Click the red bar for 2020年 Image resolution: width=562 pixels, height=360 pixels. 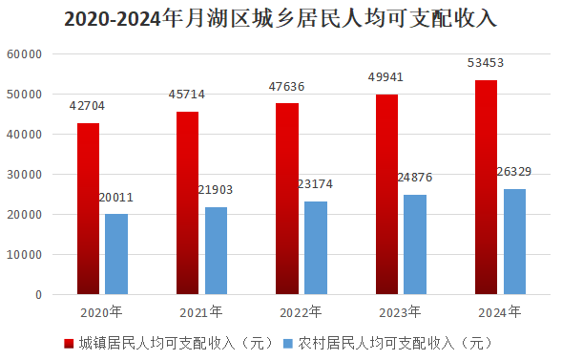(x=88, y=209)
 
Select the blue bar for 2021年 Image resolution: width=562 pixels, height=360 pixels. (x=216, y=250)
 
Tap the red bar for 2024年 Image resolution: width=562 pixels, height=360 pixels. (x=486, y=187)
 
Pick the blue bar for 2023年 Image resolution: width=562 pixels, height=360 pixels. (x=415, y=244)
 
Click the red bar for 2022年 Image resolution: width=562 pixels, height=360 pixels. (x=287, y=199)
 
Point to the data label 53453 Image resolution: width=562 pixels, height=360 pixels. (x=486, y=63)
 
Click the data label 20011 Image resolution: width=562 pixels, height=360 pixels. (x=115, y=198)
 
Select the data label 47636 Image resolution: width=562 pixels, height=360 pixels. (x=286, y=87)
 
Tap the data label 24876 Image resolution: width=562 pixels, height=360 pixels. (x=415, y=178)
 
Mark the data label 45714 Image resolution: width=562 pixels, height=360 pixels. (x=187, y=95)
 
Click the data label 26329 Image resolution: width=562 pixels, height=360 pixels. (x=514, y=172)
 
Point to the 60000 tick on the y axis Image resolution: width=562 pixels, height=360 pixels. (x=25, y=54)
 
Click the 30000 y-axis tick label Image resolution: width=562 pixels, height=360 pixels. (x=25, y=175)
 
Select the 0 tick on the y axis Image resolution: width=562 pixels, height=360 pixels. (x=39, y=295)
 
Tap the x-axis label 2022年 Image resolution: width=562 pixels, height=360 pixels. (x=301, y=312)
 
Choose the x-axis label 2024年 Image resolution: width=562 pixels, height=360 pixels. (x=499, y=312)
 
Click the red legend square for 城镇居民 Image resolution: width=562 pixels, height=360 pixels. (x=69, y=344)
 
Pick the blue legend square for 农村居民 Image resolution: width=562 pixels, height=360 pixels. (x=287, y=344)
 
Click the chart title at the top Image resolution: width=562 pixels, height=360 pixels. (x=281, y=19)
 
